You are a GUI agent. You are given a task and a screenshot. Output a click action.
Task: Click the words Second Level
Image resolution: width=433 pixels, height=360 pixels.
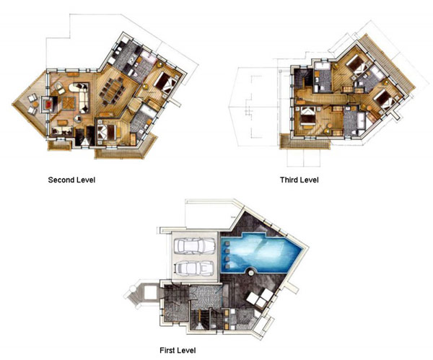pyautogui.click(x=71, y=180)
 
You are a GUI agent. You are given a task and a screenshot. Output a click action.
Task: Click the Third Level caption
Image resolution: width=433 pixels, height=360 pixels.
pyautogui.click(x=299, y=180)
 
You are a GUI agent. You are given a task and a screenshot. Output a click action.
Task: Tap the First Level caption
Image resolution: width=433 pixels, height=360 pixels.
pyautogui.click(x=178, y=351)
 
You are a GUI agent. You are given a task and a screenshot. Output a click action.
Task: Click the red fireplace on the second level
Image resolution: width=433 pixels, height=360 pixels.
pyautogui.click(x=49, y=105)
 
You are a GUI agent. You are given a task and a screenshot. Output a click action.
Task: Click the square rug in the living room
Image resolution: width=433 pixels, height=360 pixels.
pyautogui.click(x=69, y=103)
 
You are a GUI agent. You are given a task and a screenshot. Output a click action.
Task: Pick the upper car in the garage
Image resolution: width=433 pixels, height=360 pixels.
pyautogui.click(x=194, y=245)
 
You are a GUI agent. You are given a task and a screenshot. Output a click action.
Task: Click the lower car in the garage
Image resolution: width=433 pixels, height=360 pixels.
pyautogui.click(x=194, y=268)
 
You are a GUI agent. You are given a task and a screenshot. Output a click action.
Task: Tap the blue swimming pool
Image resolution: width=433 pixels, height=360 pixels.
pyautogui.click(x=261, y=252)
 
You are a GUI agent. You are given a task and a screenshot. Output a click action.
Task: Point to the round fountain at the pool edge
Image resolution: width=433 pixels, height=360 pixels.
pyautogui.click(x=250, y=273)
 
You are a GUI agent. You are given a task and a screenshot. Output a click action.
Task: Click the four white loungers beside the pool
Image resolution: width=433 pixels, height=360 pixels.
pyautogui.click(x=260, y=298)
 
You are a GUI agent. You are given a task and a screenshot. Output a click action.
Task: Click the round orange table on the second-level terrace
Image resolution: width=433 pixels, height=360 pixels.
pyautogui.click(x=35, y=104)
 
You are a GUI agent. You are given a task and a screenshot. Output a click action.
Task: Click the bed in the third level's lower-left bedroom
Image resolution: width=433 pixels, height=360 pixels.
pyautogui.click(x=307, y=116)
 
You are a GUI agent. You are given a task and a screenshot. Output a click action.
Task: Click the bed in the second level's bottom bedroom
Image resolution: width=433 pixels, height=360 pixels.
pyautogui.click(x=106, y=133)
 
